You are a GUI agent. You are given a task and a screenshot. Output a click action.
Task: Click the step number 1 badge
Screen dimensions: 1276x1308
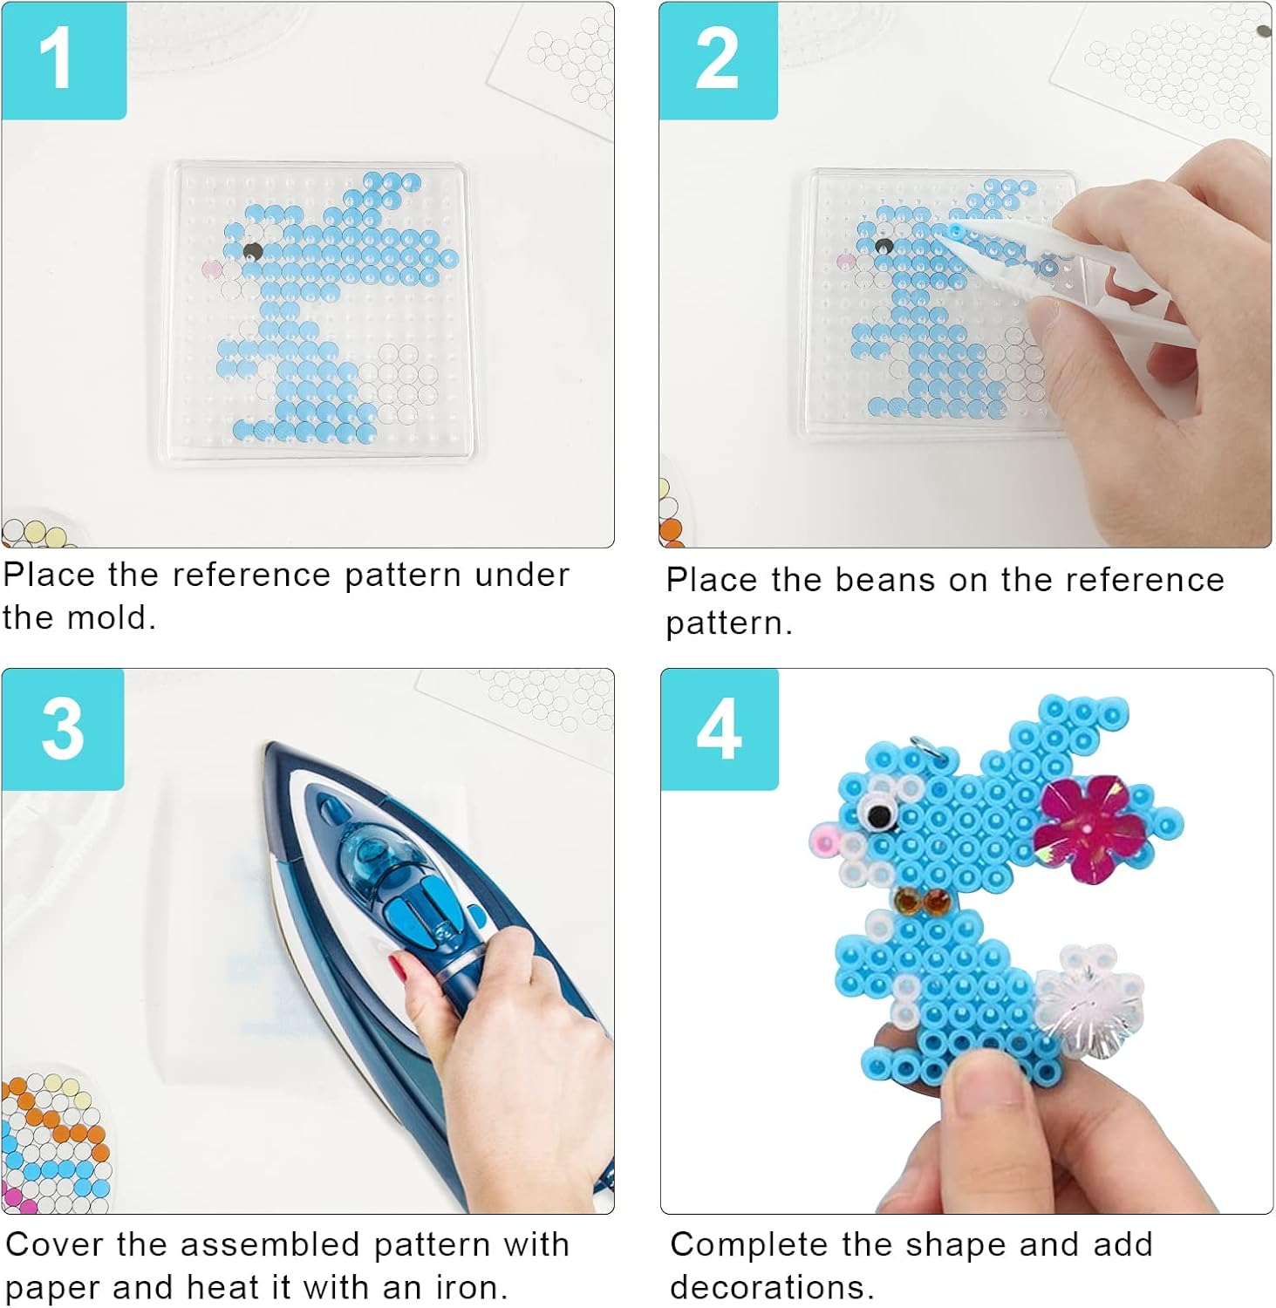[x=64, y=59]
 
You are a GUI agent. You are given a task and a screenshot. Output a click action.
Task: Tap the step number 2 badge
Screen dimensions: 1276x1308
[x=718, y=59]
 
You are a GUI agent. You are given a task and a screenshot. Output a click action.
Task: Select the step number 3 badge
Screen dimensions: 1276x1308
[x=63, y=729]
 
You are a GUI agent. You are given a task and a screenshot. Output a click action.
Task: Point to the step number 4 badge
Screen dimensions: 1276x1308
[x=720, y=729]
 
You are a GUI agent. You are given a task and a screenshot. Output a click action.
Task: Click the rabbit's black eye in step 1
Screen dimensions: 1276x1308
[x=253, y=252]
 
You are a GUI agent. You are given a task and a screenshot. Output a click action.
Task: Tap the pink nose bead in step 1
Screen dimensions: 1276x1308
[x=212, y=268]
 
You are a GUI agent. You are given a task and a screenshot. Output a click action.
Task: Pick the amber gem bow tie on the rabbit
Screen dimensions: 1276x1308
[x=921, y=902]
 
